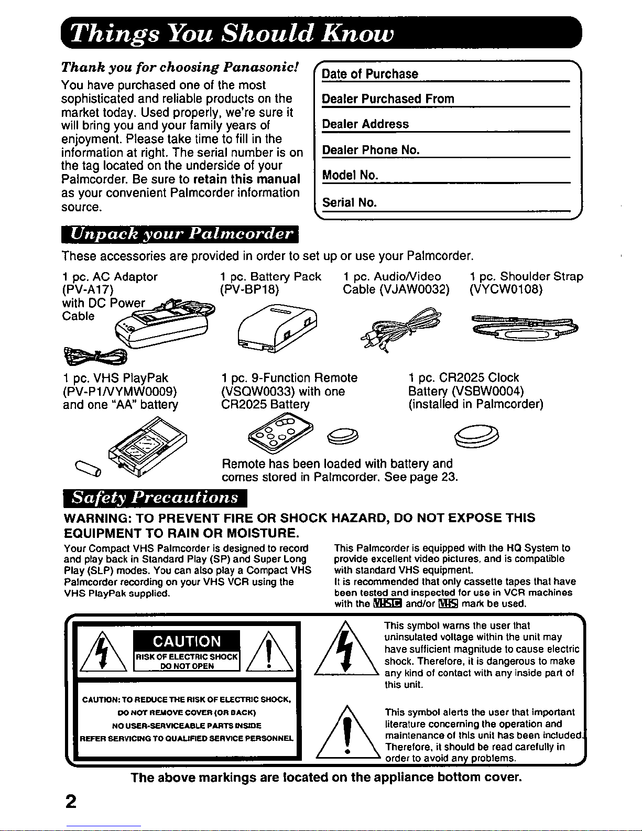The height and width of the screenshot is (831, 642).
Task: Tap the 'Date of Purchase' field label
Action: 370,74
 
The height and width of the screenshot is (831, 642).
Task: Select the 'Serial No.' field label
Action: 350,202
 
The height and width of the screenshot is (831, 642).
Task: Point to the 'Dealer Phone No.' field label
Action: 371,150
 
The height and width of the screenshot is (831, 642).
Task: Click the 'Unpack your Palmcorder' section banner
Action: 180,234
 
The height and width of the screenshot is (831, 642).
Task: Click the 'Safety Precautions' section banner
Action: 155,498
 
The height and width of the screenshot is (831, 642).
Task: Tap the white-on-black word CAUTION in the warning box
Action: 187,642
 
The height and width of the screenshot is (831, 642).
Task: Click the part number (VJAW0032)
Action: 414,289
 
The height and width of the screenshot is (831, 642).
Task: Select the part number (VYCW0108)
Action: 506,289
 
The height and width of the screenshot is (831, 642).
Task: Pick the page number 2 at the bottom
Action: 71,802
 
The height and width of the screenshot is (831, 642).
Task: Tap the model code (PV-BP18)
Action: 250,289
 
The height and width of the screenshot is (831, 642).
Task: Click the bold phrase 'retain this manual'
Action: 246,179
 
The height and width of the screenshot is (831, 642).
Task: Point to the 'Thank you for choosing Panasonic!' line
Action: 180,68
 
